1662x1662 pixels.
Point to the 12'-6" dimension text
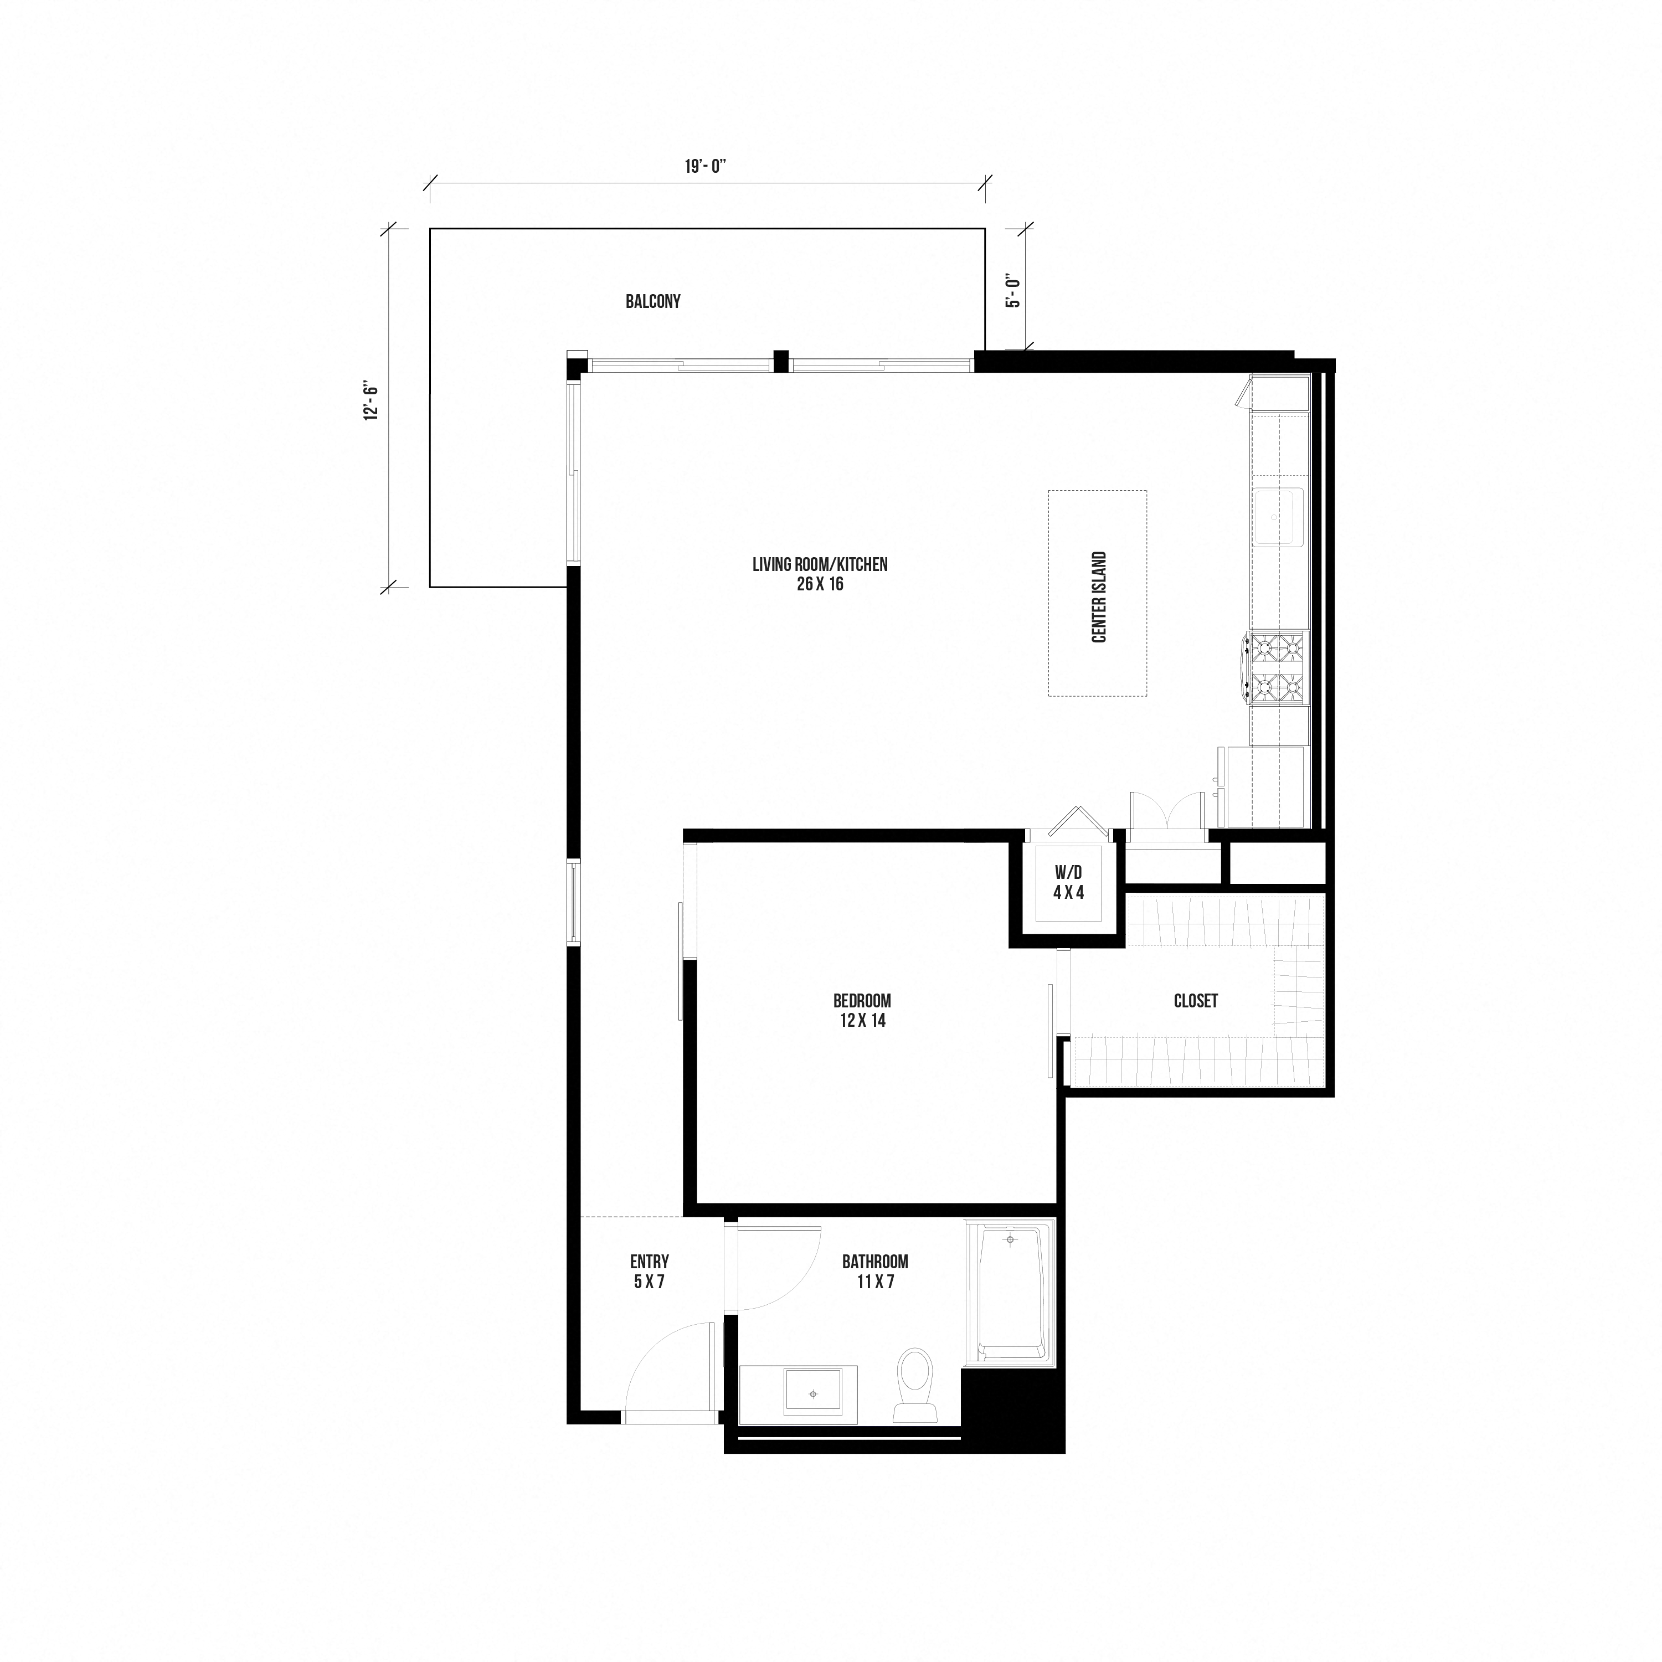coord(372,401)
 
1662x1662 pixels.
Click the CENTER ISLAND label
coord(1099,597)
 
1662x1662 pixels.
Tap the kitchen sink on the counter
coord(1278,516)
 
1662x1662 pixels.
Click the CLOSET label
coord(1196,1001)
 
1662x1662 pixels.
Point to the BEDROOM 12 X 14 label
coord(862,1011)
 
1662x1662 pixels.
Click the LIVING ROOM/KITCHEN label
coord(820,574)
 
